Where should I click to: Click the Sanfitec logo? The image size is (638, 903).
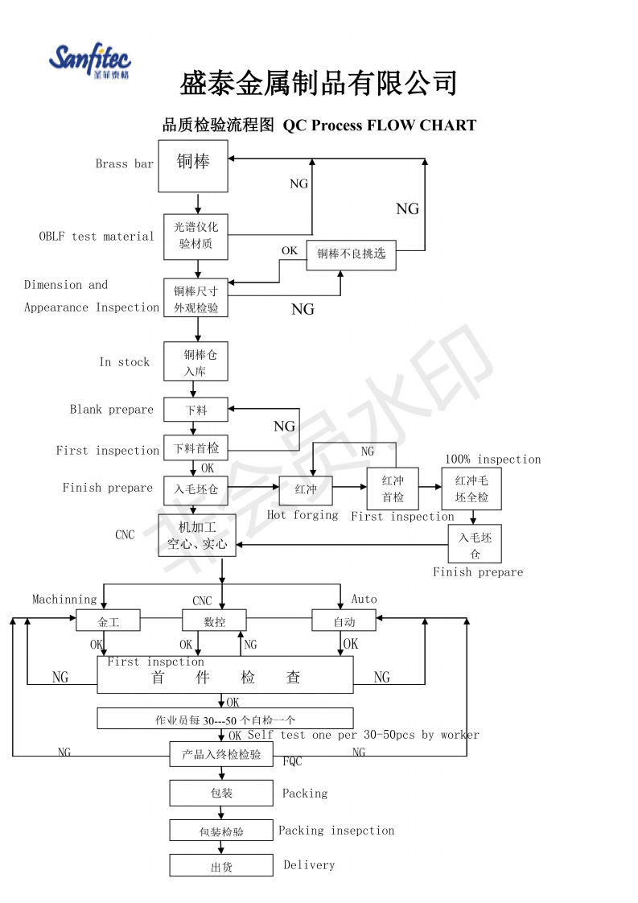[x=90, y=60]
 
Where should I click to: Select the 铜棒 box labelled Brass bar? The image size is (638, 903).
[x=193, y=166]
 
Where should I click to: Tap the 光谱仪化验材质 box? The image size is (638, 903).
[x=196, y=237]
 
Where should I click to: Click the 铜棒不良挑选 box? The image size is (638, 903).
[x=352, y=254]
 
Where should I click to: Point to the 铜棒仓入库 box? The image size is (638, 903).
[x=196, y=361]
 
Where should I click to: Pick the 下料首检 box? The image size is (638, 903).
[x=196, y=448]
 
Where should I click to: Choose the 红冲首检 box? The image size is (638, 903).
[x=393, y=489]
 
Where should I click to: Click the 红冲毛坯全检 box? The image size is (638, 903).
[x=471, y=489]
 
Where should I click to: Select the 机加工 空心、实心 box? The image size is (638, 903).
[x=197, y=535]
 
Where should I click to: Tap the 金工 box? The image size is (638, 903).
[x=109, y=621]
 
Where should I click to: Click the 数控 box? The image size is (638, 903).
[x=214, y=621]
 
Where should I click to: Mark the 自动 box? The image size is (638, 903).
[x=344, y=621]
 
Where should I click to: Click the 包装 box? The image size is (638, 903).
[x=221, y=793]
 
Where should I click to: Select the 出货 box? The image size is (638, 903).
[x=221, y=865]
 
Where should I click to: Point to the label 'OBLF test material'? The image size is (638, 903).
[x=97, y=236]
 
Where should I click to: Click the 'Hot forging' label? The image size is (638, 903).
[x=303, y=515]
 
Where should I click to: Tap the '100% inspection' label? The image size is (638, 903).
[x=493, y=459]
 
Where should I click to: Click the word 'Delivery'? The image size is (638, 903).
[x=309, y=865]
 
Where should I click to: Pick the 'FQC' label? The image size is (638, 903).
[x=293, y=761]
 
